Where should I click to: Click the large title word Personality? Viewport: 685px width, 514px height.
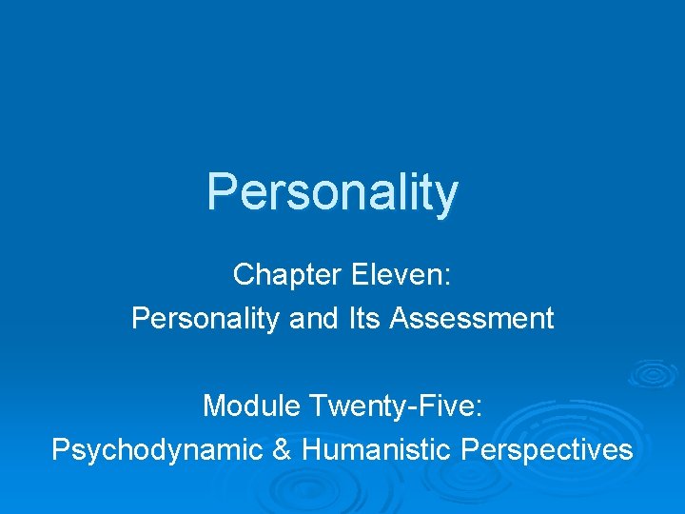[x=332, y=191]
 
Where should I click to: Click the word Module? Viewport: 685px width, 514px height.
[x=252, y=406]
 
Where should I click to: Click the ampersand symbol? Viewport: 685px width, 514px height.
[x=282, y=449]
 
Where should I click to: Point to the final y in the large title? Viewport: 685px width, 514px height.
[x=446, y=196]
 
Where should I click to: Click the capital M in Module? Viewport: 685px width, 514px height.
[x=214, y=406]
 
